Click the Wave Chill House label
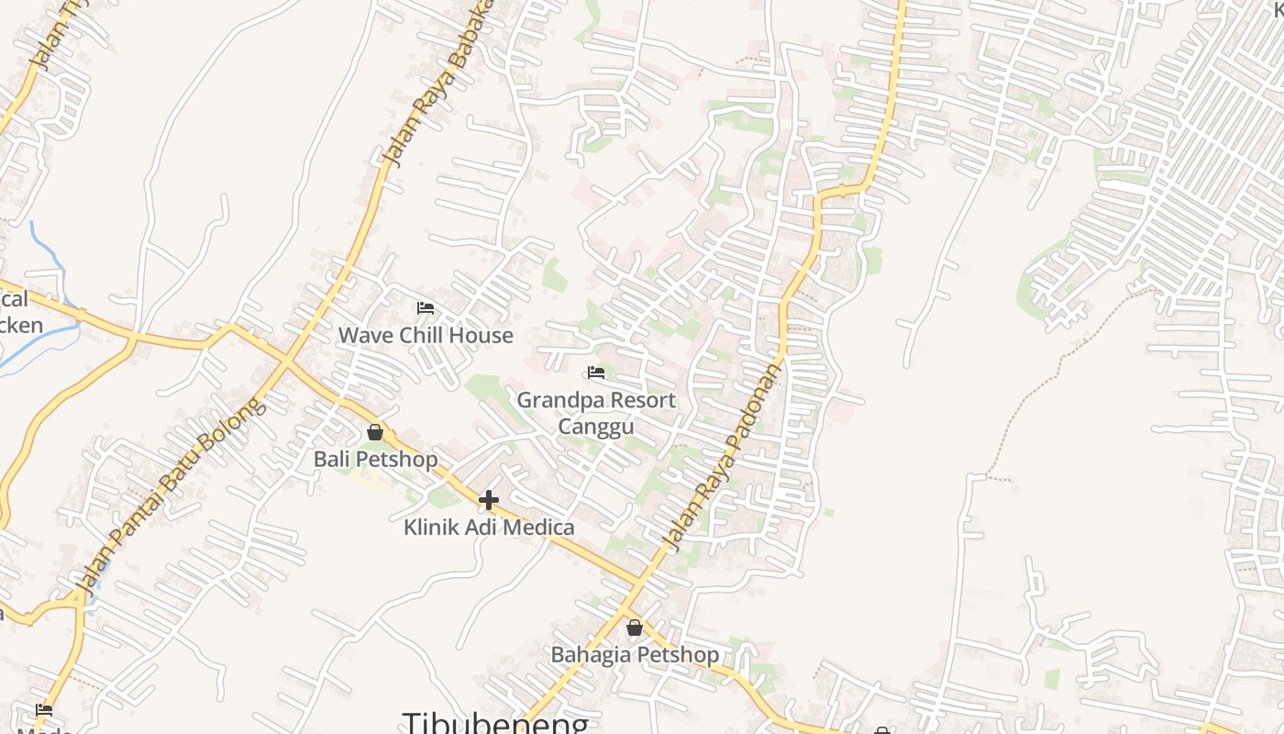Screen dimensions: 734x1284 tap(426, 336)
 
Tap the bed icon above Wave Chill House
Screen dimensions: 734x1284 tap(425, 308)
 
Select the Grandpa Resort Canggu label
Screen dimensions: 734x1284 tap(596, 413)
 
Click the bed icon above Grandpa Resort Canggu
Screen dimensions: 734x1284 tap(596, 373)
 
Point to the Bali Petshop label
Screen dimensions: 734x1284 tap(375, 459)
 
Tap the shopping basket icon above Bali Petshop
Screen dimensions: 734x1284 tap(375, 432)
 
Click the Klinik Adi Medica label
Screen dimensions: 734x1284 tap(489, 528)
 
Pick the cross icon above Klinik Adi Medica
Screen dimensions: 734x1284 tap(489, 500)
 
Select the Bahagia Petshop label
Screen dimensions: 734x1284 tap(635, 655)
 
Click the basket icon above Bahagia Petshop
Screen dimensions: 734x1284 tap(635, 628)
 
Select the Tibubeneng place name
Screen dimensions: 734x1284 tap(495, 723)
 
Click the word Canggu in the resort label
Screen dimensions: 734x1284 tap(596, 428)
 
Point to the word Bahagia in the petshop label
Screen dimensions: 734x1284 tap(592, 655)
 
